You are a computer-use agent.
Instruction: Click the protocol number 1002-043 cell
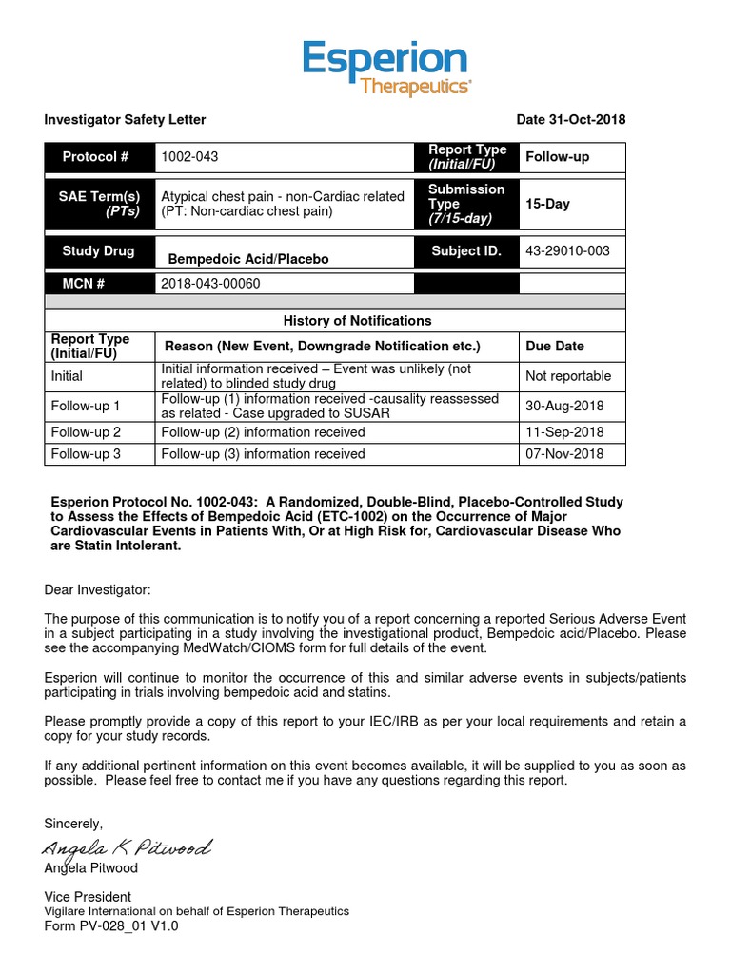[195, 157]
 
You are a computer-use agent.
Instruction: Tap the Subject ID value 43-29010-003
[567, 251]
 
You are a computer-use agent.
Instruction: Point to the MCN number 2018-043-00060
[210, 283]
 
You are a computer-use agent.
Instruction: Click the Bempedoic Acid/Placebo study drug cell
[248, 259]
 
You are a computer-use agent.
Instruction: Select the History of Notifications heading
[357, 321]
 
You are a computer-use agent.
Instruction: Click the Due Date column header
[555, 347]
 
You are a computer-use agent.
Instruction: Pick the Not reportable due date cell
[568, 376]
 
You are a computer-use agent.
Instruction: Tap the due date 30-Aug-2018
[564, 407]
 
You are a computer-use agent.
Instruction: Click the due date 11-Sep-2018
[564, 432]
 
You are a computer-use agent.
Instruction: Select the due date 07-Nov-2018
[564, 454]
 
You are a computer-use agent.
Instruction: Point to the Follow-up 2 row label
[86, 432]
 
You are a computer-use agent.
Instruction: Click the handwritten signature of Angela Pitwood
[127, 847]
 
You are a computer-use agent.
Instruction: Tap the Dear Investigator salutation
[97, 591]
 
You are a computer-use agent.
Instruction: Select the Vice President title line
[88, 897]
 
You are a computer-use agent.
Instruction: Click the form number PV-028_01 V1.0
[111, 925]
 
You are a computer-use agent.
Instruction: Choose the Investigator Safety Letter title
[125, 119]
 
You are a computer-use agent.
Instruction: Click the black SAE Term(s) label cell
[100, 204]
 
